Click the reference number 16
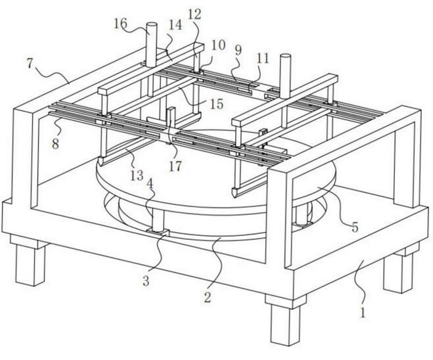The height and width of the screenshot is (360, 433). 120,24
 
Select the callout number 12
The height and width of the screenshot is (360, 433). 194,12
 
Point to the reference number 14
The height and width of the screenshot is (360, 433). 175,25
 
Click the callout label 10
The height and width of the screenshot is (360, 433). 218,45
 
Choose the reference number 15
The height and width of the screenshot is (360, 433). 216,103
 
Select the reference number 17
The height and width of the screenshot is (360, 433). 174,166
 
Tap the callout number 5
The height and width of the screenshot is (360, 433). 354,229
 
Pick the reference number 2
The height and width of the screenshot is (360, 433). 208,297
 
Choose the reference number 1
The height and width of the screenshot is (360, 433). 362,312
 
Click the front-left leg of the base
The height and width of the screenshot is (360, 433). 30,263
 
